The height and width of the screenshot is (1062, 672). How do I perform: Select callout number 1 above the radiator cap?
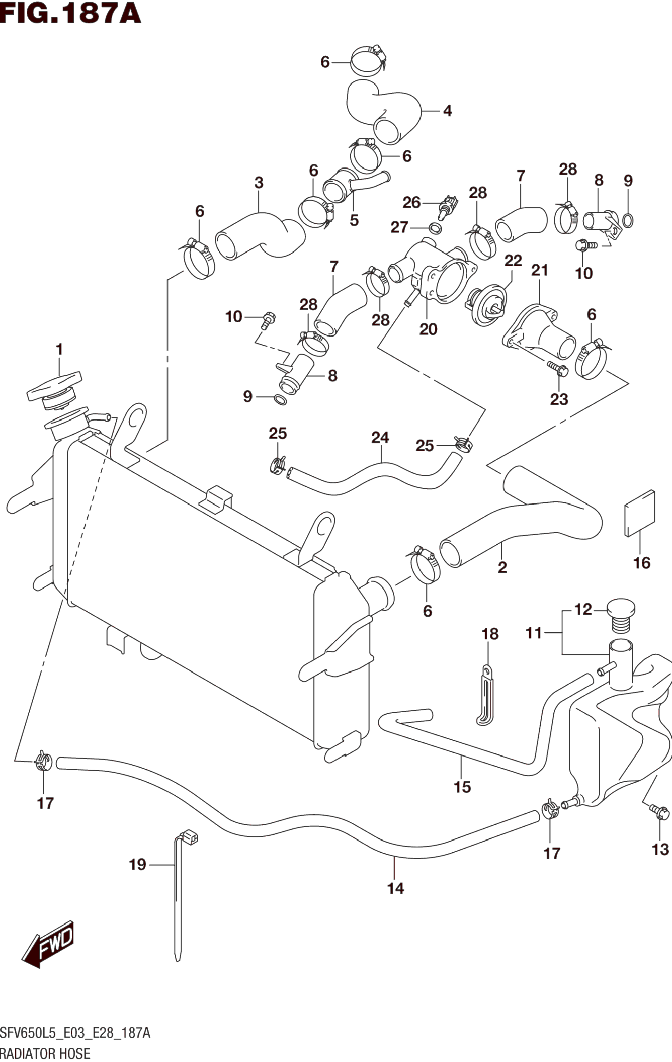coord(59,349)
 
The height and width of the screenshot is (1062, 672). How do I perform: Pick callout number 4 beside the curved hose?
coord(447,111)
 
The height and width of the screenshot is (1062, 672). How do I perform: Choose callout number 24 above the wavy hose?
coord(380,438)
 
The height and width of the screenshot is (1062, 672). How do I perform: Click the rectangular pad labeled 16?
coord(640,513)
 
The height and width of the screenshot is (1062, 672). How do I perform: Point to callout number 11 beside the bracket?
coord(534,633)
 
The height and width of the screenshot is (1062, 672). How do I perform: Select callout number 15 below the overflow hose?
coord(462,787)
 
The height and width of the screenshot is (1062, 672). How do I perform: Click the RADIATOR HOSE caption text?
coord(46,1053)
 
